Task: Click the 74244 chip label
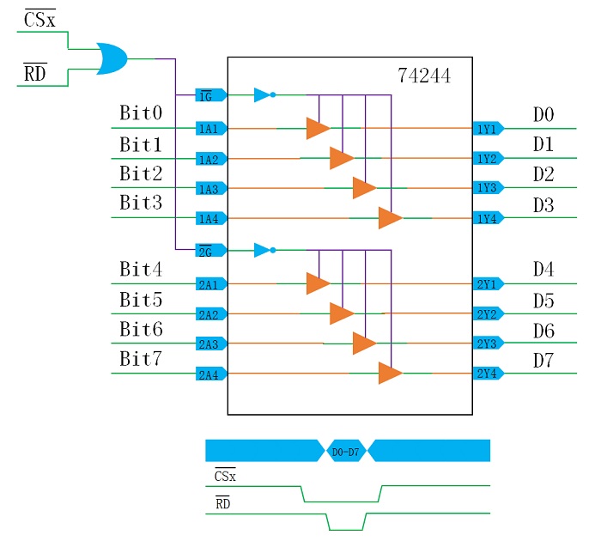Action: (x=423, y=76)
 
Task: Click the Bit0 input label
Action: (x=141, y=113)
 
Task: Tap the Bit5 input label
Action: (x=141, y=301)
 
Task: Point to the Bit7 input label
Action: (x=141, y=360)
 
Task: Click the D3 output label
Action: (x=543, y=206)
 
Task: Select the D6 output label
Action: (x=543, y=331)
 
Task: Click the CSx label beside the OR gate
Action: (x=39, y=18)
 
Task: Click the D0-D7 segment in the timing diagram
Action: (x=347, y=450)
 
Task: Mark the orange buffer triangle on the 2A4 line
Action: (x=390, y=374)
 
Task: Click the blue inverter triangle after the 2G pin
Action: (x=263, y=251)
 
